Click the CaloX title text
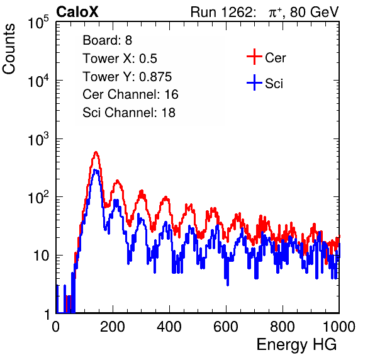[77, 12]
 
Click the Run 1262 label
[221, 12]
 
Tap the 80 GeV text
[314, 12]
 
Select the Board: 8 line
[107, 40]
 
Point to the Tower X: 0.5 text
[120, 59]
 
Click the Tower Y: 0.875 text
[127, 77]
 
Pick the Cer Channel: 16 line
[130, 94]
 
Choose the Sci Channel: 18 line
[129, 113]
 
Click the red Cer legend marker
[254, 57]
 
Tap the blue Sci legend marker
[254, 83]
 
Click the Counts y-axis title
[9, 49]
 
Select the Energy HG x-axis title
[296, 345]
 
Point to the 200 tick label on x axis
[113, 327]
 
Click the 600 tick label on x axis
[226, 327]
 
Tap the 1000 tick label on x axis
[339, 327]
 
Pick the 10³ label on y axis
[38, 139]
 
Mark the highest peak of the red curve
[96, 152]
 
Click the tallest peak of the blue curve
[96, 170]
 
